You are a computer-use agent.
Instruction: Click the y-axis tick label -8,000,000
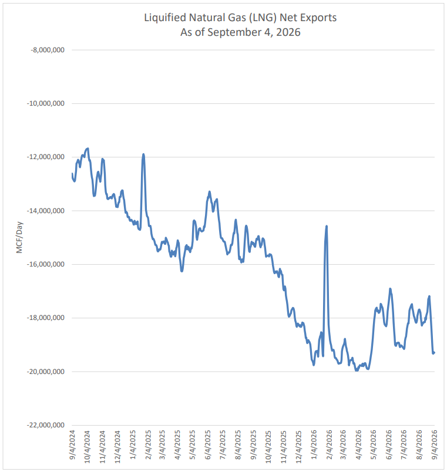click(48, 50)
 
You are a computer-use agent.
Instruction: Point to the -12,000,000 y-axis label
click(46, 157)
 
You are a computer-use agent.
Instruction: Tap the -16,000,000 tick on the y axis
click(46, 264)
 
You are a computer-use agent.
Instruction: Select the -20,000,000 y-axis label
click(46, 372)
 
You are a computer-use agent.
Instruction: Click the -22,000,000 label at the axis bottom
click(46, 425)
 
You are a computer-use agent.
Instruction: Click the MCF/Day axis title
click(19, 238)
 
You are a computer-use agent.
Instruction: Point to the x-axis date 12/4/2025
click(299, 447)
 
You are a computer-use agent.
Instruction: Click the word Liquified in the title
click(165, 18)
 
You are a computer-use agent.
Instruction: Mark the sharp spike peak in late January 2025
click(143, 154)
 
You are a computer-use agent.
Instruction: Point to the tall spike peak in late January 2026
click(327, 226)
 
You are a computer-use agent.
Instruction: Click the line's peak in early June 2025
click(209, 191)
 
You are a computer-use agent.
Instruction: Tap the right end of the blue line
click(434, 352)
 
